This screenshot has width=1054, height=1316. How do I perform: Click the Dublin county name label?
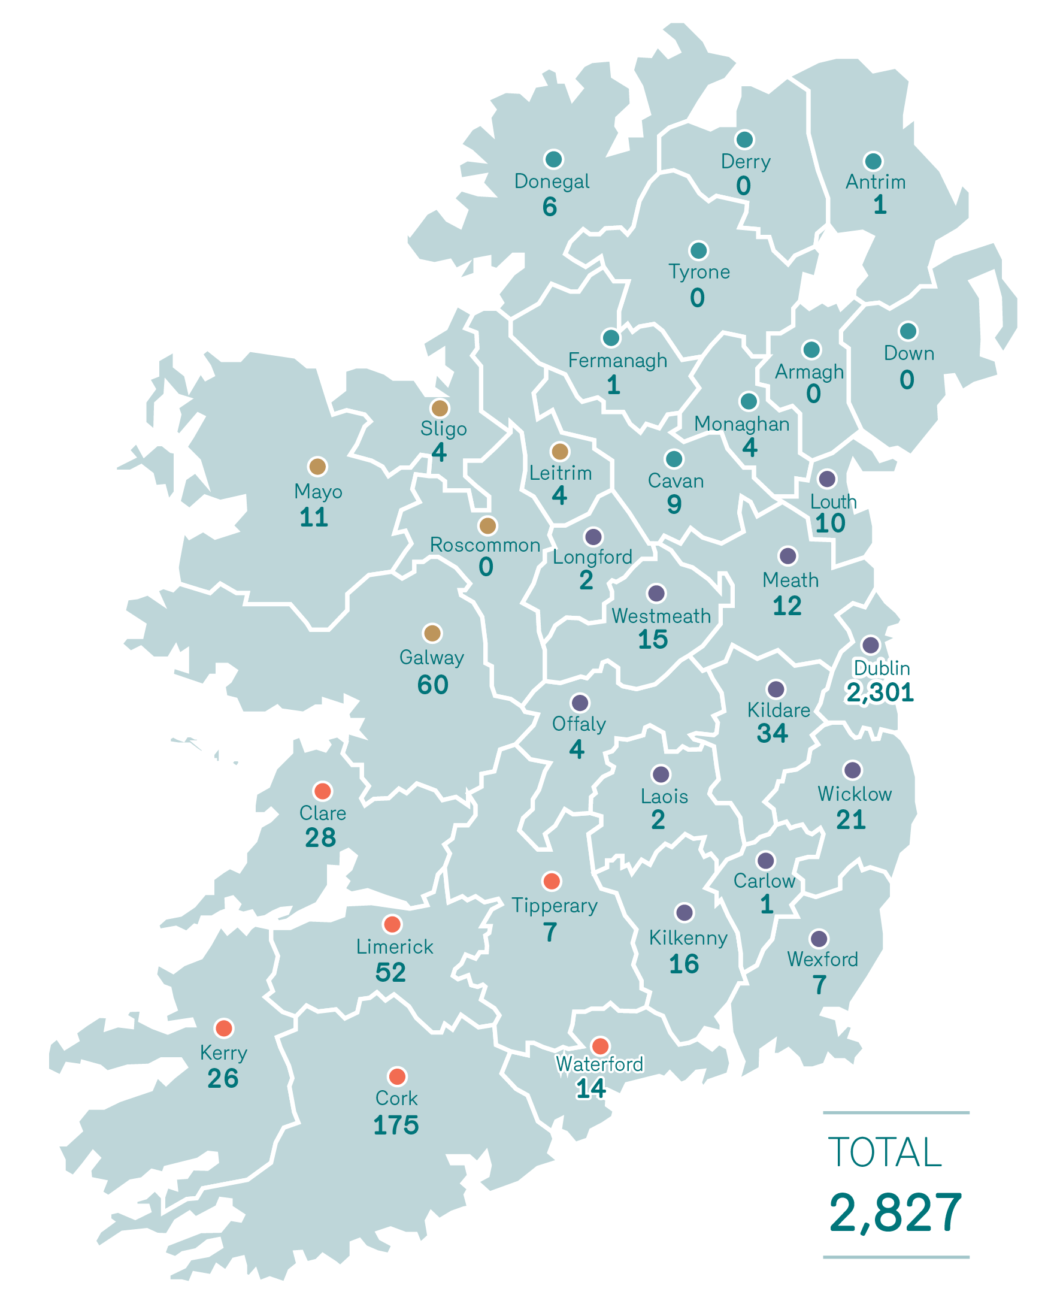click(x=882, y=668)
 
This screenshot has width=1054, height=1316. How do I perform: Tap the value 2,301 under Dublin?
click(x=880, y=693)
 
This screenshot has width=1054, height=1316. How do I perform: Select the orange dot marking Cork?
click(x=397, y=1076)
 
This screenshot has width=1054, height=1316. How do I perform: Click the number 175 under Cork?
click(x=395, y=1125)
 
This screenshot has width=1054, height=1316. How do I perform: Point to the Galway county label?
click(x=432, y=657)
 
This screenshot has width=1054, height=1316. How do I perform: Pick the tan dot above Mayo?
click(x=317, y=467)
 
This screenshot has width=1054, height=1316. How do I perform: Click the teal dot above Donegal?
click(x=553, y=159)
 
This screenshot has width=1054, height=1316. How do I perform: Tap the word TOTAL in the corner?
click(x=885, y=1152)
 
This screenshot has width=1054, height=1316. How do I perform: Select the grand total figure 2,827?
click(x=895, y=1213)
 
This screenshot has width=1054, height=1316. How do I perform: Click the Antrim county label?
click(x=875, y=182)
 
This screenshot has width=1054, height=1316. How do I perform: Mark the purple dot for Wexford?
click(x=819, y=939)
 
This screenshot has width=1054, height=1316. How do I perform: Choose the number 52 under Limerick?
click(x=390, y=972)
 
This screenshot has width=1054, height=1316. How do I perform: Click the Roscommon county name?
click(x=485, y=544)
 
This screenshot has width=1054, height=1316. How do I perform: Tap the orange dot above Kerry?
click(x=224, y=1028)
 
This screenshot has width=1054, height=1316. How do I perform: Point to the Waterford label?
click(x=599, y=1064)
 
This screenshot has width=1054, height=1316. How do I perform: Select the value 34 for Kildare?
click(x=772, y=733)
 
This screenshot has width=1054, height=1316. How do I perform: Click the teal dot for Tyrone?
click(x=698, y=250)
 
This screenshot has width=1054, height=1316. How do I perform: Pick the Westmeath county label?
click(x=661, y=616)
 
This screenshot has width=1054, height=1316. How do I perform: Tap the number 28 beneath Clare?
click(x=320, y=837)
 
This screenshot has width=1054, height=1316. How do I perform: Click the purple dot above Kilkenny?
click(x=685, y=912)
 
